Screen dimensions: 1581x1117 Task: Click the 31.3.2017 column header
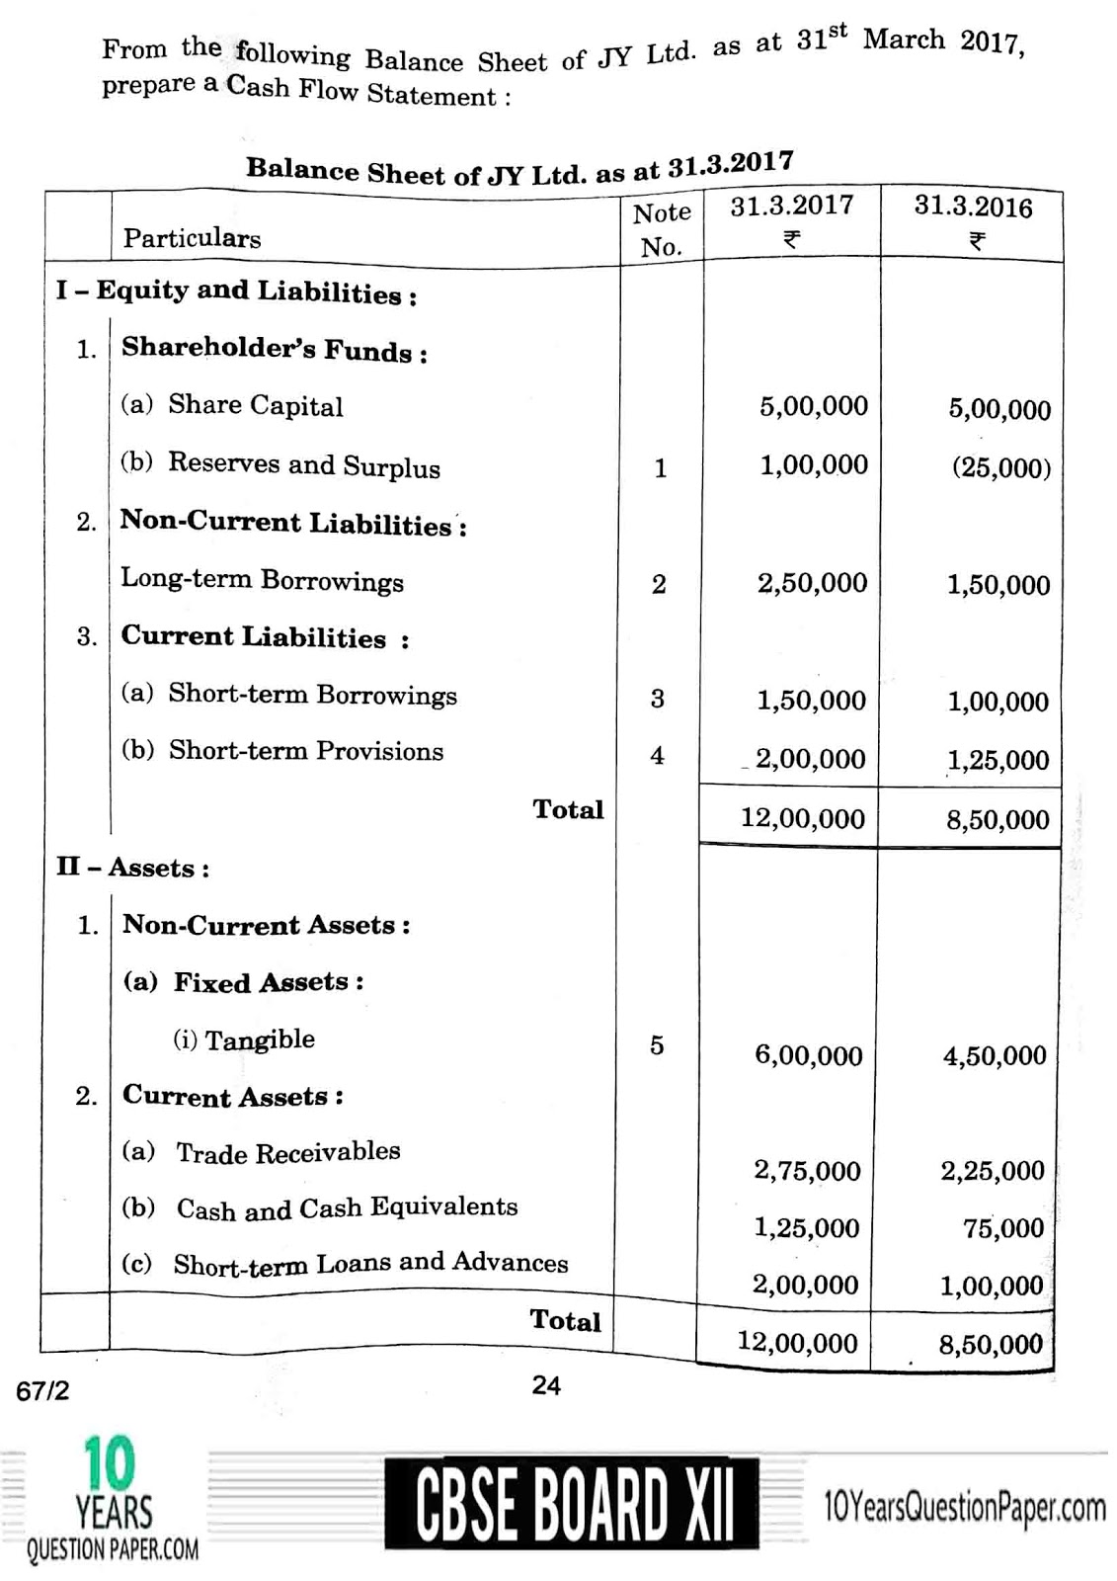point(792,206)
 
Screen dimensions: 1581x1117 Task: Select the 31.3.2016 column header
point(973,207)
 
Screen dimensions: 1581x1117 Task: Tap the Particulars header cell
point(193,238)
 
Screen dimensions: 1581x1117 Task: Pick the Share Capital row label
point(255,406)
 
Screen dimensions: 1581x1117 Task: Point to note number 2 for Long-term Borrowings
point(659,584)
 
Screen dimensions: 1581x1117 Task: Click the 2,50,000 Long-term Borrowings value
point(812,583)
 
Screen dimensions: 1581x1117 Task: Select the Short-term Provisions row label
point(306,751)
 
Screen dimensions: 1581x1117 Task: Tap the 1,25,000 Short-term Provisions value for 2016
point(997,760)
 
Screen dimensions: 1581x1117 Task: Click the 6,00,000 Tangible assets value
point(808,1055)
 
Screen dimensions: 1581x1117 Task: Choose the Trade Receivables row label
point(287,1152)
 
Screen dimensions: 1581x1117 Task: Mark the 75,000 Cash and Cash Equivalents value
point(1003,1228)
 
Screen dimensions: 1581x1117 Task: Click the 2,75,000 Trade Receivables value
point(807,1171)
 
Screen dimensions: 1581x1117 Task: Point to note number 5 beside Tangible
point(657,1045)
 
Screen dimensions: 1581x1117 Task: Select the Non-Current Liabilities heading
point(293,523)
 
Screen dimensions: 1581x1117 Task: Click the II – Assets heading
point(132,868)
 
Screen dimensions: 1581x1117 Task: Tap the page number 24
point(546,1386)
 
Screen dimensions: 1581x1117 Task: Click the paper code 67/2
point(42,1391)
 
